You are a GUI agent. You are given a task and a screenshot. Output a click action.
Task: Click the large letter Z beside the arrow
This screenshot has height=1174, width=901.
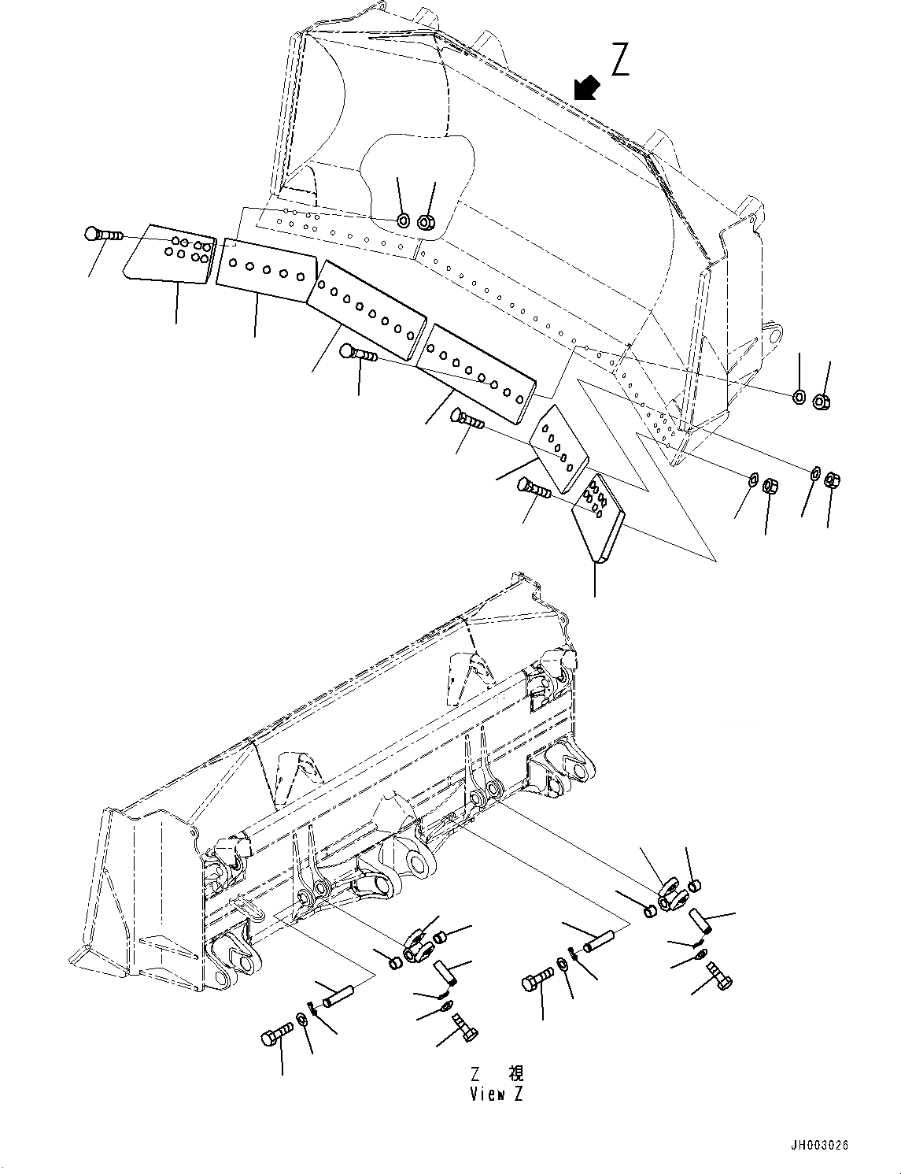[x=621, y=60]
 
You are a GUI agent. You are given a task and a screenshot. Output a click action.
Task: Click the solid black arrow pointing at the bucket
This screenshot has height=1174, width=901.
[x=585, y=89]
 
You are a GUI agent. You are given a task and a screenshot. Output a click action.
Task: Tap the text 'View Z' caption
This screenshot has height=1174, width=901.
[x=496, y=1094]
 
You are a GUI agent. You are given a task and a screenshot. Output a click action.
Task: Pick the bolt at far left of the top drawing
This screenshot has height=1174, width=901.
[x=100, y=234]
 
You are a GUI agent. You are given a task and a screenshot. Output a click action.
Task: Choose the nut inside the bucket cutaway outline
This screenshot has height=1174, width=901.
[x=426, y=222]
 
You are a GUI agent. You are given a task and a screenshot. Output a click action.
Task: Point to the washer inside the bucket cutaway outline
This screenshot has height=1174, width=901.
[x=403, y=220]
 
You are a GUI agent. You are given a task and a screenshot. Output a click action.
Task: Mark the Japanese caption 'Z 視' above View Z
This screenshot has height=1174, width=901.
[x=496, y=1074]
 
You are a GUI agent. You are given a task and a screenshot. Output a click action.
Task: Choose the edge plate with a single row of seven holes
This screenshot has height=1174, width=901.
[x=475, y=371]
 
